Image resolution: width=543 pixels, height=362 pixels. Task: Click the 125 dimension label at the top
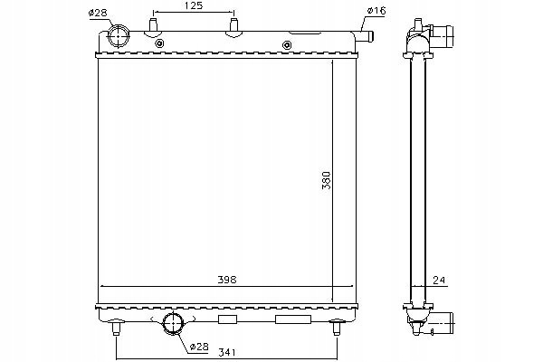(194, 5)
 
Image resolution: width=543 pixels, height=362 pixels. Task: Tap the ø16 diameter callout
(376, 11)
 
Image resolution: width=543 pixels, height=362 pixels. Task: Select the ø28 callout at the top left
(98, 14)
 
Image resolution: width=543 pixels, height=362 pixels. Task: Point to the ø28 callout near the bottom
(199, 347)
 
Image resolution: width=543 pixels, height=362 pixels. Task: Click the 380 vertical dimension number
(327, 180)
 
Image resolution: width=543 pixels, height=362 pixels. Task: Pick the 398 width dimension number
(227, 280)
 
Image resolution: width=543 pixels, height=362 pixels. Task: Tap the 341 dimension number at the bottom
(227, 353)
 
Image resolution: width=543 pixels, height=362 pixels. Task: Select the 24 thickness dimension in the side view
(438, 280)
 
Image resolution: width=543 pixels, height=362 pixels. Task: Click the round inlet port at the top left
(119, 36)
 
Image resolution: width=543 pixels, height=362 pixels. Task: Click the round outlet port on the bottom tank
(173, 323)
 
